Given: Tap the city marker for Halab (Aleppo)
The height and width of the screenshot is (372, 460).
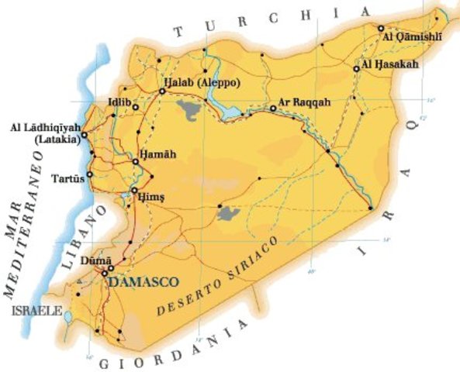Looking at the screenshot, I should coord(162,91).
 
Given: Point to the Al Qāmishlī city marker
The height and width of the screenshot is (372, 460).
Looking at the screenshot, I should coord(381,29).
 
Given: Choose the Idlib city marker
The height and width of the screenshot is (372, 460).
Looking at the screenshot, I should coord(135,107).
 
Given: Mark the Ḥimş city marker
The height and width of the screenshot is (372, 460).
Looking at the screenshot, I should coord(134,190).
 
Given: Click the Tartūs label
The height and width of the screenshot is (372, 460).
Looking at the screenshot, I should coord(67,177).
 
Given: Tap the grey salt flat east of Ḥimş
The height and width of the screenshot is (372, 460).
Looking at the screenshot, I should coord(227,212).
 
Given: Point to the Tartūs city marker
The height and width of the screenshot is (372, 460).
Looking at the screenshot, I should coord(90,174).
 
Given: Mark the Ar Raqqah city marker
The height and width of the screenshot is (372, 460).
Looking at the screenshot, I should coord(273,108).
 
